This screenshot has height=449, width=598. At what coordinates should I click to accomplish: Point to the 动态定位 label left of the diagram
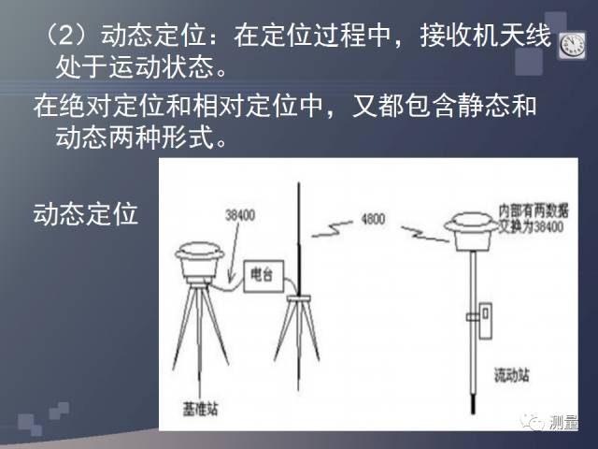(x=85, y=213)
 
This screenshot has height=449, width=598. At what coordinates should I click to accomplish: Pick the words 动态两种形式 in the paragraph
(x=136, y=137)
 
